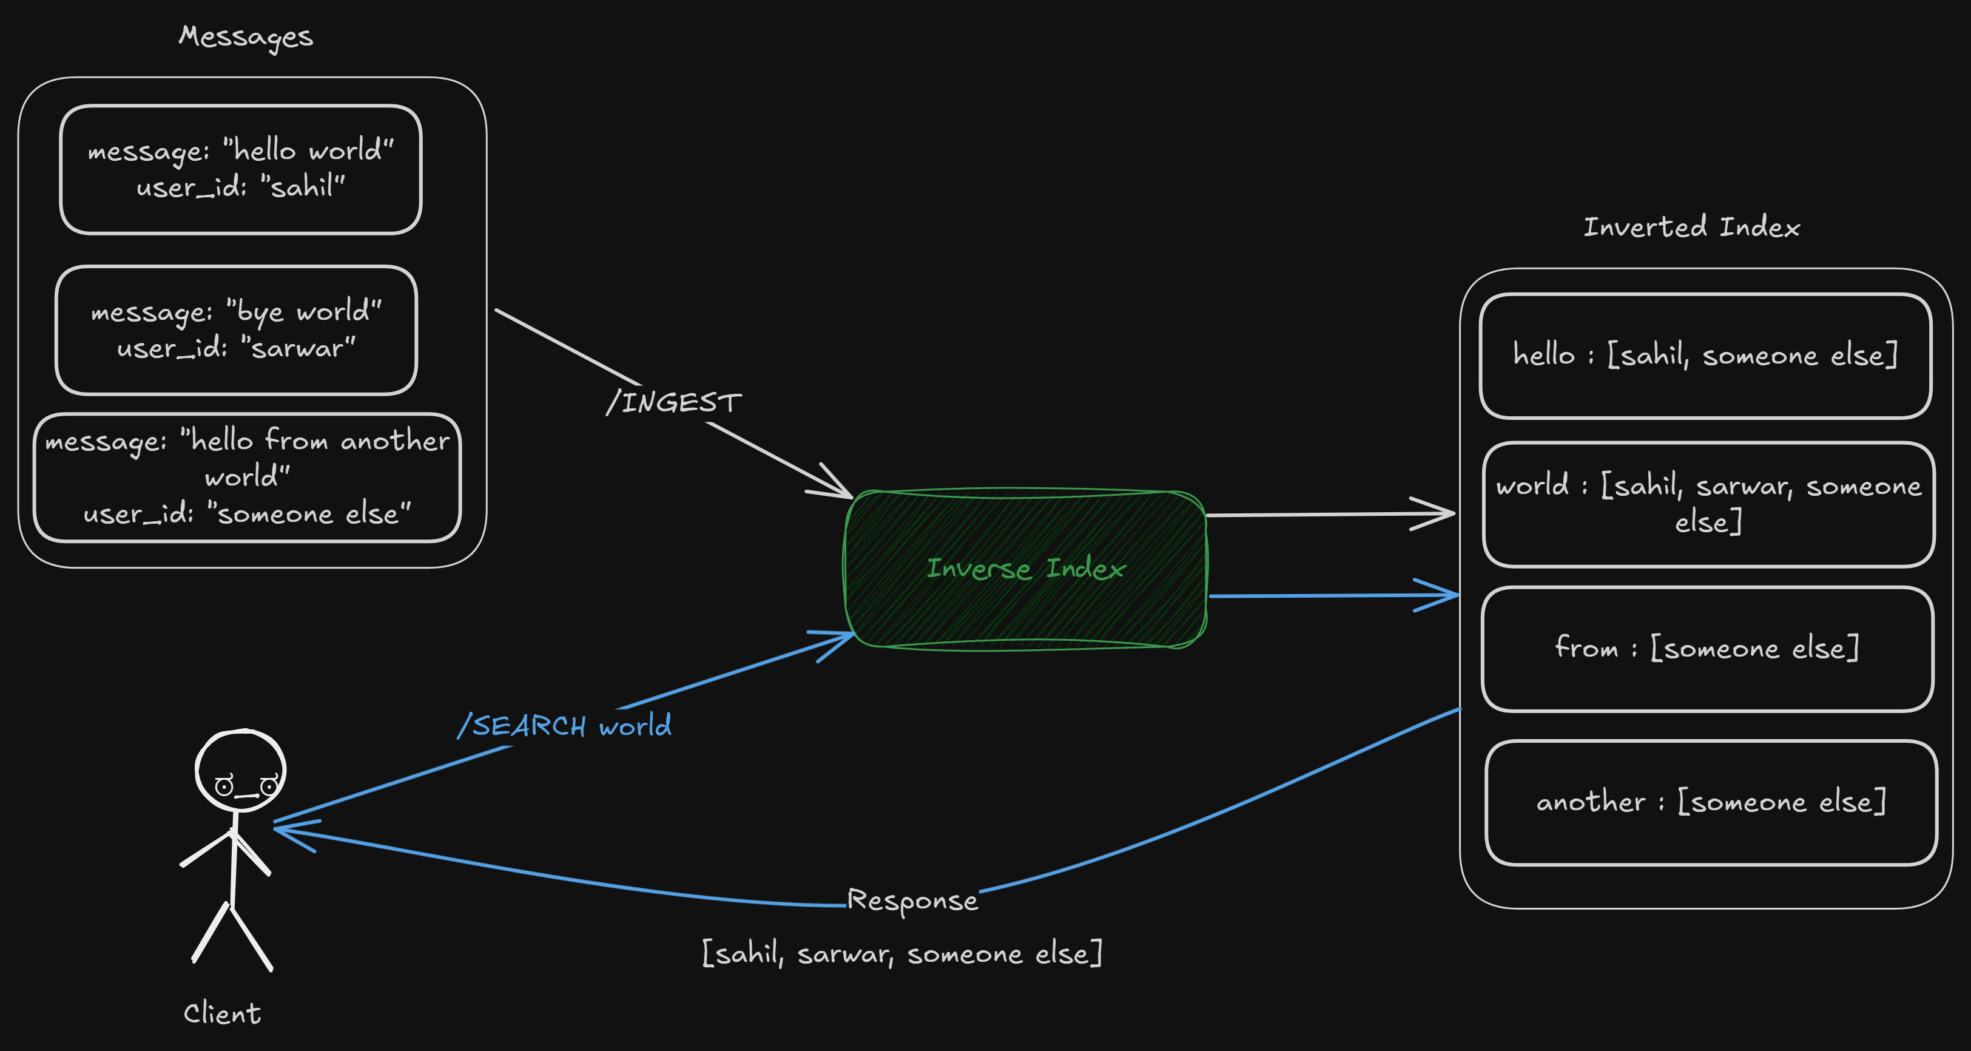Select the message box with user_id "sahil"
coord(240,169)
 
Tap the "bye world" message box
coord(237,330)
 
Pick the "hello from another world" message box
coord(247,477)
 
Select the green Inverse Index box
coord(1025,569)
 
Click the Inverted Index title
coord(1691,228)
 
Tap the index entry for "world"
coord(1708,504)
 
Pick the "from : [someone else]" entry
coord(1707,648)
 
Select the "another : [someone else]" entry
coord(1711,802)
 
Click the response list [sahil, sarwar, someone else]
coord(902,954)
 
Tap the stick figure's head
coord(240,770)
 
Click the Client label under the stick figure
coord(222,1013)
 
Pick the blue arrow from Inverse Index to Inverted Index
coord(1332,595)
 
